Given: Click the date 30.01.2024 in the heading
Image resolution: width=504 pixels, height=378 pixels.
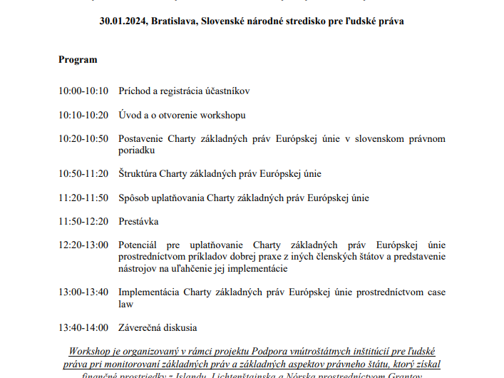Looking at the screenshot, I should [x=122, y=21].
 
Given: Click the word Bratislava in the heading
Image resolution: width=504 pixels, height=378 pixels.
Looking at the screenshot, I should [x=172, y=21].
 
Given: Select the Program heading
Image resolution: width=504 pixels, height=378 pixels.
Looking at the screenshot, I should [x=78, y=59].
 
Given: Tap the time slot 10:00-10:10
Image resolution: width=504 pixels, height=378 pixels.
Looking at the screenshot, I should [x=83, y=91].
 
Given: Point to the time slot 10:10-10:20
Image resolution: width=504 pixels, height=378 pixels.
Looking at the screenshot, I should [x=83, y=115].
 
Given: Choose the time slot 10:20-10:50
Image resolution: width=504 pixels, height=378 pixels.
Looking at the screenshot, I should [x=83, y=138].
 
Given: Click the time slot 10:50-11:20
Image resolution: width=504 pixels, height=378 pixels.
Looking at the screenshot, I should [x=83, y=173].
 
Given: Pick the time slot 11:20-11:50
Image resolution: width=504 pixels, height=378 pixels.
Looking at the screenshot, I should [x=83, y=198].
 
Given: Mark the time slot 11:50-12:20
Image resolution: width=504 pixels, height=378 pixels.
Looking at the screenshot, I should [x=83, y=222].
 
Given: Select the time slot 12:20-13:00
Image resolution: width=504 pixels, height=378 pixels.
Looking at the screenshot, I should [x=83, y=245].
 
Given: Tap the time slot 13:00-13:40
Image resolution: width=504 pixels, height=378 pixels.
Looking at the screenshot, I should [x=83, y=292].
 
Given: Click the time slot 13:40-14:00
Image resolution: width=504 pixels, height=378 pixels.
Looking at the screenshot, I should [x=83, y=327].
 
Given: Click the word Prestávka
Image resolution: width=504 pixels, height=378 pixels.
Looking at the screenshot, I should [x=138, y=222].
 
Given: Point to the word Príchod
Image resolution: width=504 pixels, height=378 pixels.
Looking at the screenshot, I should [x=135, y=91].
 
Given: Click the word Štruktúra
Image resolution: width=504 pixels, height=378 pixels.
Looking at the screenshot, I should [x=138, y=173].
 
